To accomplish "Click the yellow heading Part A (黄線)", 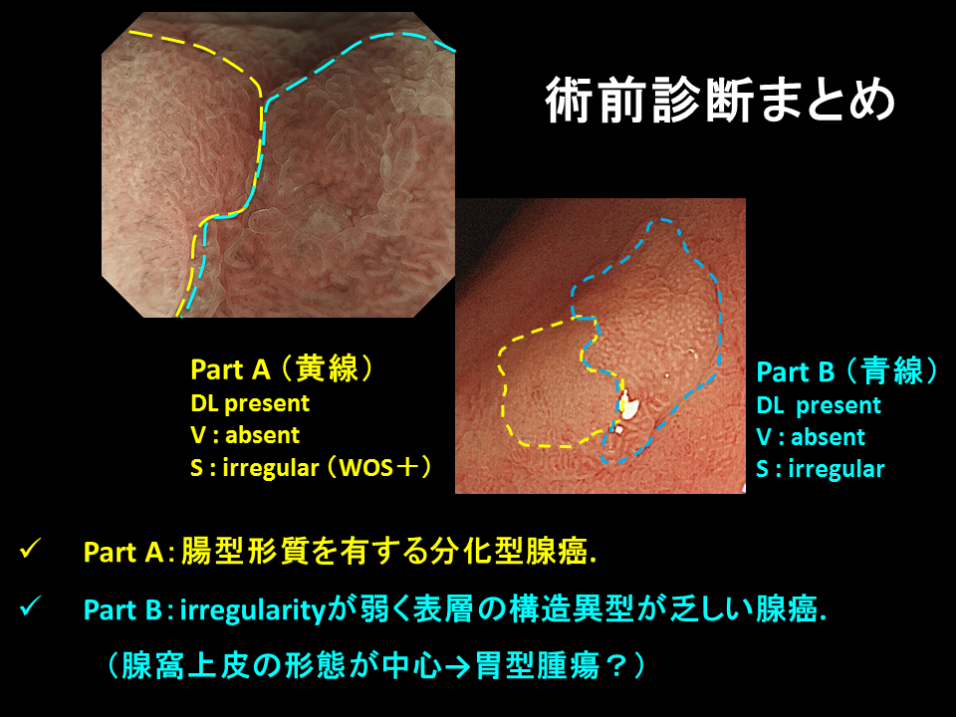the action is (x=282, y=368).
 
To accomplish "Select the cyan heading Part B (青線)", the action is (x=847, y=371).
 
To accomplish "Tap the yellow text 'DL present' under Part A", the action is (x=250, y=403).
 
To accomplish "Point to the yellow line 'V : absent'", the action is (x=245, y=435).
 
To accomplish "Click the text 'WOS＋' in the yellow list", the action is (x=378, y=468).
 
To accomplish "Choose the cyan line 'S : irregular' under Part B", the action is (x=820, y=469).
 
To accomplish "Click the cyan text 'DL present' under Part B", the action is (x=819, y=405).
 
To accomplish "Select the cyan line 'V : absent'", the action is (x=811, y=437).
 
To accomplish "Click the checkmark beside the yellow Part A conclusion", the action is (x=30, y=548).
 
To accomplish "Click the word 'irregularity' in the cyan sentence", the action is (x=253, y=610).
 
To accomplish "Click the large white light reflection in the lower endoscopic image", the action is (x=627, y=405).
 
